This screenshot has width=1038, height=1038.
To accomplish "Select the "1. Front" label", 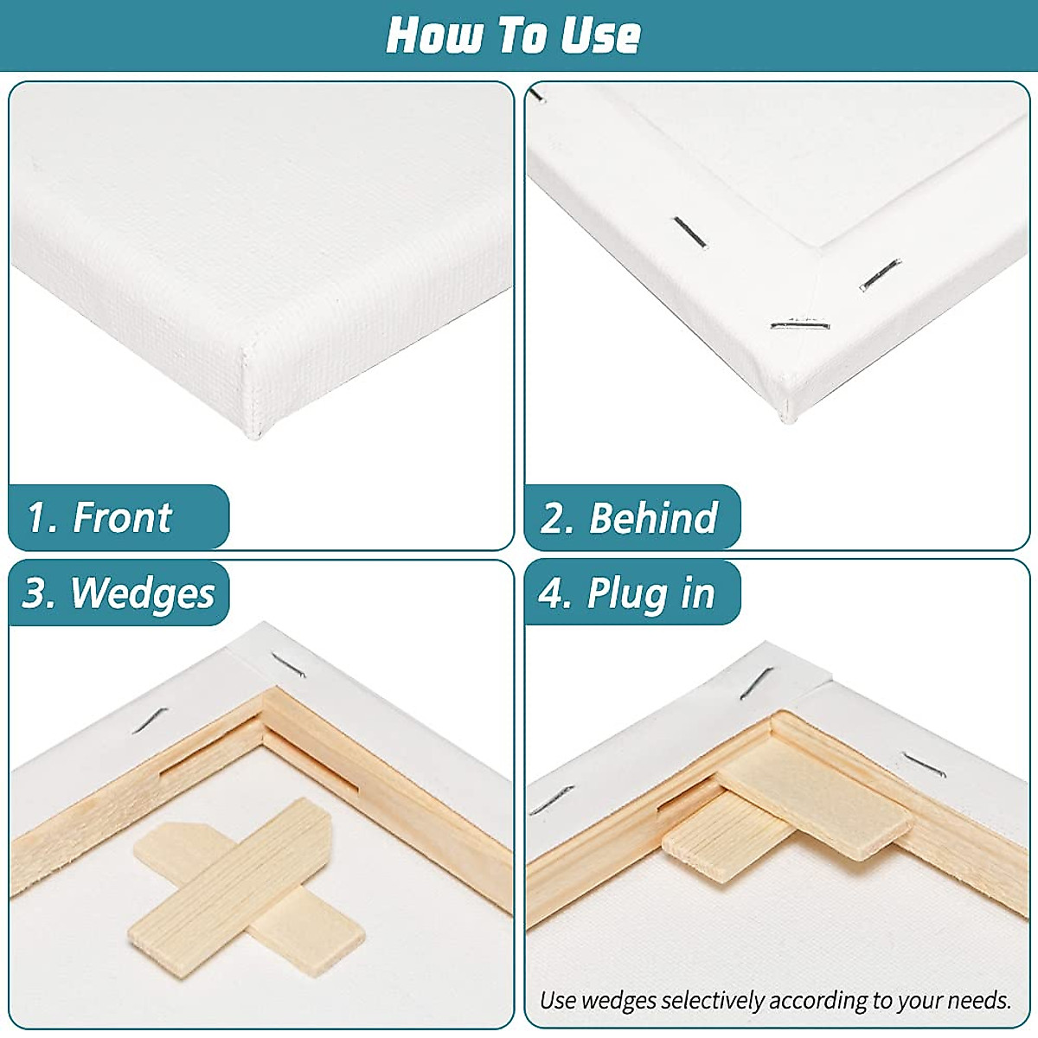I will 100,517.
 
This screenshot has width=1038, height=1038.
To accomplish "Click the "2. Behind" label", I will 630,517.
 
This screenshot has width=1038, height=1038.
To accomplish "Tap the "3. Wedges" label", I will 119,593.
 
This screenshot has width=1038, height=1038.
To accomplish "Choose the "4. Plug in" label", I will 627,593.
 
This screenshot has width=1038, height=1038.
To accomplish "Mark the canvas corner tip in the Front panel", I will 253,432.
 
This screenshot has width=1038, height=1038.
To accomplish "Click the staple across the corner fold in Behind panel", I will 800,326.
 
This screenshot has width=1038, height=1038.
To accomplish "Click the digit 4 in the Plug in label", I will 551,593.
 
